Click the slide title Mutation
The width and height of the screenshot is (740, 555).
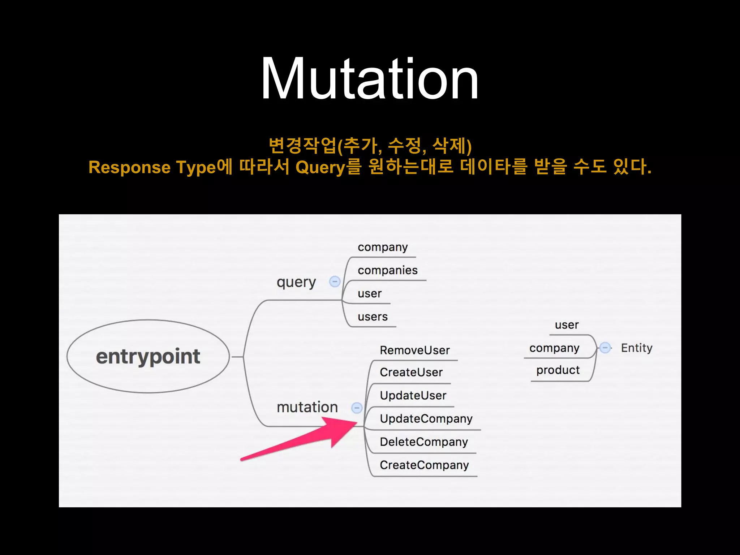click(x=370, y=78)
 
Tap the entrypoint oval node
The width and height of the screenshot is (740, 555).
click(x=148, y=356)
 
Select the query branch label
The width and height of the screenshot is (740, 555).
click(x=296, y=282)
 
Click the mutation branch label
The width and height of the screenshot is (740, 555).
click(x=307, y=407)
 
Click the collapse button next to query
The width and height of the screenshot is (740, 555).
click(x=335, y=281)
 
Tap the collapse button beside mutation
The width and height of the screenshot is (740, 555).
click(x=357, y=408)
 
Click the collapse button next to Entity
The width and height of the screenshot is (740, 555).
click(x=605, y=348)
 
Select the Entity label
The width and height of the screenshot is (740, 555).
click(x=637, y=348)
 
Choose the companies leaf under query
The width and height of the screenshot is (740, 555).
click(x=387, y=270)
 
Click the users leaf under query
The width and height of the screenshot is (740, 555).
click(x=373, y=317)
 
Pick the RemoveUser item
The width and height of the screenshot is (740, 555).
click(x=415, y=350)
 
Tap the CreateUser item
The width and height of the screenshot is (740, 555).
click(x=411, y=372)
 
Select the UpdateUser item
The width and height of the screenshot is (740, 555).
click(x=413, y=395)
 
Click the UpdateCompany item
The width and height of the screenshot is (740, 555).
click(x=426, y=418)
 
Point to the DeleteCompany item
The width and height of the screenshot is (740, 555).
click(x=424, y=442)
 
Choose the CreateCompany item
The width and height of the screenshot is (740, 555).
click(x=424, y=465)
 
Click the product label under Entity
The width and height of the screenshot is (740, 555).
click(x=558, y=370)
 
